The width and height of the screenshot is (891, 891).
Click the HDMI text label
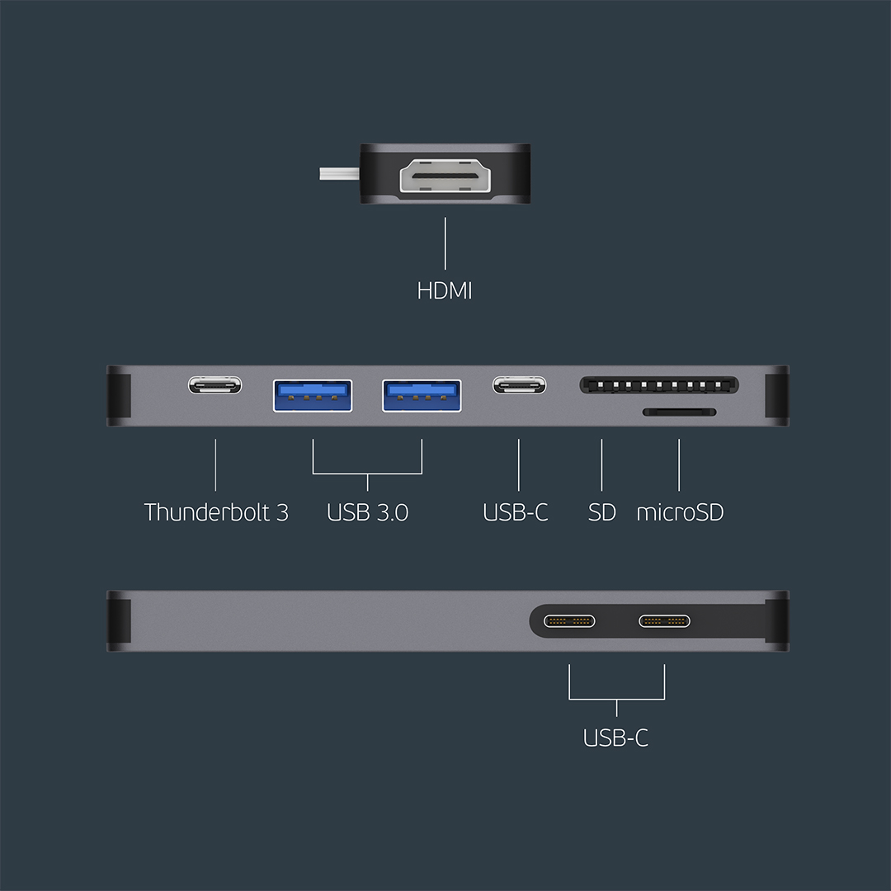[x=445, y=290]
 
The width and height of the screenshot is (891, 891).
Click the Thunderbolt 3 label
[x=216, y=512]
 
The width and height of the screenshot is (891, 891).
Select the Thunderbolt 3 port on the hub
[x=215, y=385]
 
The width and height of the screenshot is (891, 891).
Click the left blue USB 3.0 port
[x=313, y=395]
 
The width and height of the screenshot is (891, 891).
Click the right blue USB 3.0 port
[x=422, y=395]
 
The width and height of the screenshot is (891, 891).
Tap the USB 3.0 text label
[x=367, y=512]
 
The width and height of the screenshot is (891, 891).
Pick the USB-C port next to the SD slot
[x=519, y=385]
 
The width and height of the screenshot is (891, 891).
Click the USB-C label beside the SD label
[x=516, y=512]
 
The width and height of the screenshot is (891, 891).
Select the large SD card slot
[x=659, y=385]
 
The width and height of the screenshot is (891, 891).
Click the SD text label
[x=602, y=512]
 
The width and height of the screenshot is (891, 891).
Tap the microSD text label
[x=680, y=512]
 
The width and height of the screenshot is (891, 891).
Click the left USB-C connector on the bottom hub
[x=569, y=621]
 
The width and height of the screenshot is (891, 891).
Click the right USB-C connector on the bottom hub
[x=664, y=621]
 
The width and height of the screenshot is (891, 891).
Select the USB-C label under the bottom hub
[x=615, y=738]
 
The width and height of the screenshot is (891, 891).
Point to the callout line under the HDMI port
[x=445, y=243]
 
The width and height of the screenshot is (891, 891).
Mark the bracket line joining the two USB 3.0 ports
[x=367, y=474]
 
